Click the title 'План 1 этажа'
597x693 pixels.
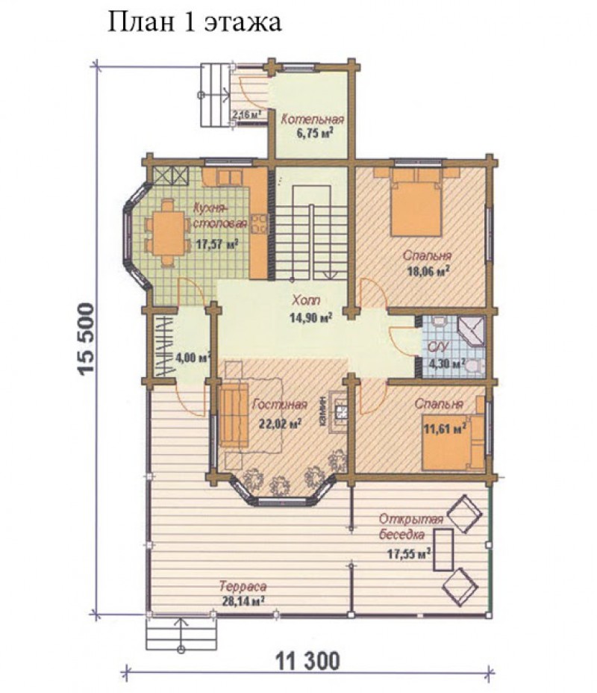(194, 22)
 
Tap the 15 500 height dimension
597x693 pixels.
(86, 339)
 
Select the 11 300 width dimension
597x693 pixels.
(308, 661)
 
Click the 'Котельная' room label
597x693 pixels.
(313, 119)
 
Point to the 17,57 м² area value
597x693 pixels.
(217, 244)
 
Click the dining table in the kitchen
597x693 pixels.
(167, 233)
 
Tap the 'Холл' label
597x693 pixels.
(307, 300)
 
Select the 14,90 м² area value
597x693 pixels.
(310, 317)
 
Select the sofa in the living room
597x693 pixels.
(234, 415)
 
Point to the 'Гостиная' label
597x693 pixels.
(280, 405)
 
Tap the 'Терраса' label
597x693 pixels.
(243, 586)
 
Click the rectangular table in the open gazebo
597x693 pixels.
(443, 550)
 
